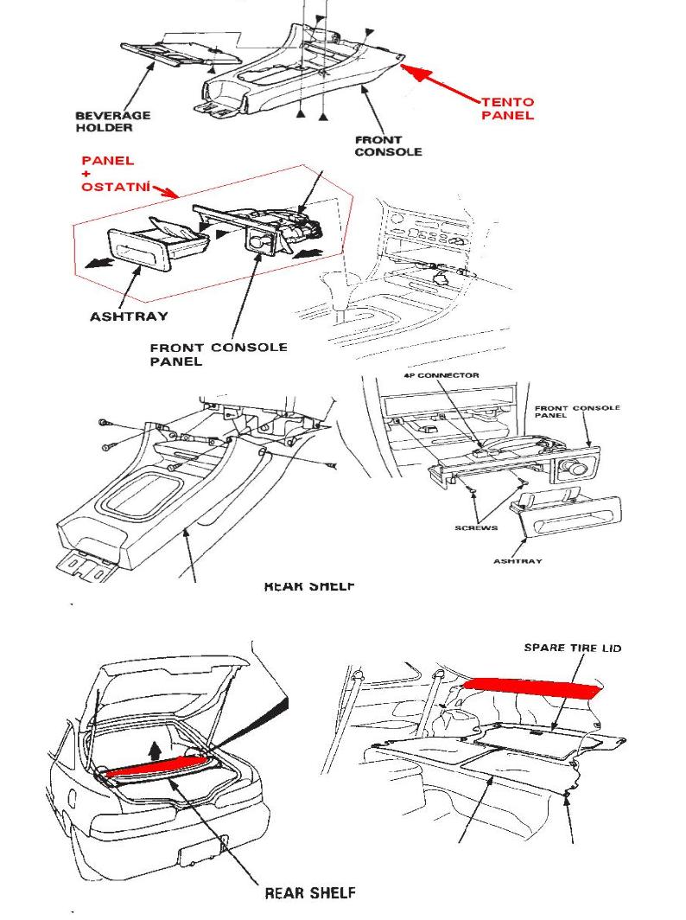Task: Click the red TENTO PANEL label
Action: [507, 108]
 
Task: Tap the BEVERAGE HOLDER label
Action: [112, 121]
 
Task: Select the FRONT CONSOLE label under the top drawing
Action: [388, 145]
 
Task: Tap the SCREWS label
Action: [475, 528]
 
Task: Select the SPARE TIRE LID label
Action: [572, 648]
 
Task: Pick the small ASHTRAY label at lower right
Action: [518, 561]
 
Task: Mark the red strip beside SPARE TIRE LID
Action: [532, 688]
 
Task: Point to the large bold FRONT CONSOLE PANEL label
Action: [218, 354]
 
